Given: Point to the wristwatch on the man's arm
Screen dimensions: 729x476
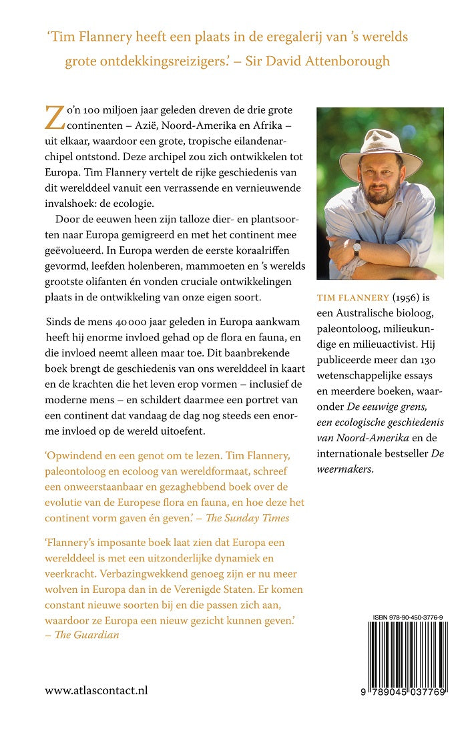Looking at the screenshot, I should coord(358,246).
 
